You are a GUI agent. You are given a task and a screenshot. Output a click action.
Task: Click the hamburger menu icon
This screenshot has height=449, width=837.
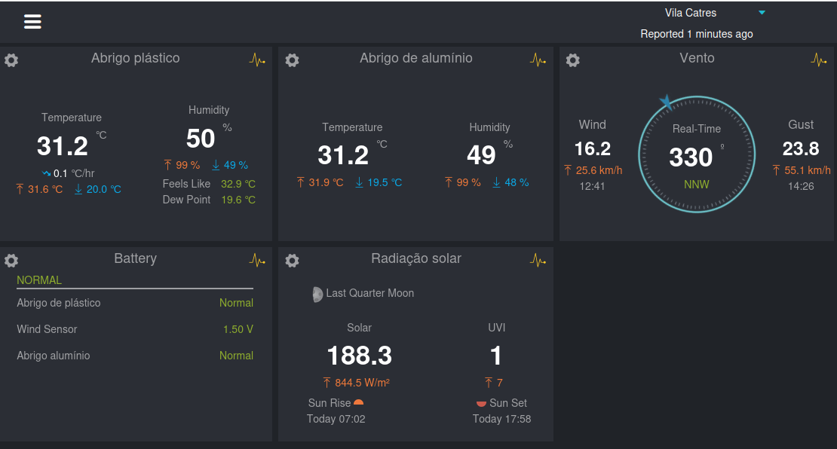click(x=32, y=21)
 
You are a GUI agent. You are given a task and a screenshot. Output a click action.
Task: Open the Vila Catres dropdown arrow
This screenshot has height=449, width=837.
click(x=762, y=12)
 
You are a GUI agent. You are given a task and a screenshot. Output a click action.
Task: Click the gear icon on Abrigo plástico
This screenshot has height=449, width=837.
click(x=11, y=60)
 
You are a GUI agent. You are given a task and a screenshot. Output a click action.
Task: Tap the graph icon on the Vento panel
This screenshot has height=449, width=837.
click(x=818, y=60)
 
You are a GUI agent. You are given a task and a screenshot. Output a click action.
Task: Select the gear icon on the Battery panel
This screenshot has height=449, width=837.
click(x=11, y=260)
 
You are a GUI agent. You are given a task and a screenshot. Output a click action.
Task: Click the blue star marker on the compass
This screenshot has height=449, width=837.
click(x=666, y=101)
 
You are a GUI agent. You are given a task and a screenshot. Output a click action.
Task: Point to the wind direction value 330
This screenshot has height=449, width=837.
click(x=691, y=157)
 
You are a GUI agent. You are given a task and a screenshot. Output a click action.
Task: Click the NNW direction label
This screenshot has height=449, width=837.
click(x=697, y=185)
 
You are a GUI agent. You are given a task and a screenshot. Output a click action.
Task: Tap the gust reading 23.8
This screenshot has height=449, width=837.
click(x=801, y=148)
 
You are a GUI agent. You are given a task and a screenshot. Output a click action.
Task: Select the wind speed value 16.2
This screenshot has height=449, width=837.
click(x=593, y=148)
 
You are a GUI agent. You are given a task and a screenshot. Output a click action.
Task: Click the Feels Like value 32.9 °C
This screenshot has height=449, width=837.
click(x=238, y=184)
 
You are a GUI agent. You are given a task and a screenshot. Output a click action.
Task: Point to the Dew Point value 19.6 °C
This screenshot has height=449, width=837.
click(x=238, y=200)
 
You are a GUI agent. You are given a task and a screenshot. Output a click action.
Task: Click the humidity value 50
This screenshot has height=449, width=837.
click(x=201, y=139)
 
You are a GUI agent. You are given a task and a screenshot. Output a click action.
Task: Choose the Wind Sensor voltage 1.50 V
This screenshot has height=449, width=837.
click(x=238, y=329)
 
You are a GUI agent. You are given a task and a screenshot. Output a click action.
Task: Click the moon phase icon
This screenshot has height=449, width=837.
click(x=317, y=295)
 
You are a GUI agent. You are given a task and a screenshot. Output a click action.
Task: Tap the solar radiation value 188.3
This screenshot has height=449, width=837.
click(x=359, y=356)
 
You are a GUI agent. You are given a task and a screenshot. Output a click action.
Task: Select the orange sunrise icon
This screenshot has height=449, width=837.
click(x=359, y=402)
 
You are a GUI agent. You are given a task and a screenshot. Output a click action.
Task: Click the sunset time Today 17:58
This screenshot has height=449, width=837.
click(x=501, y=419)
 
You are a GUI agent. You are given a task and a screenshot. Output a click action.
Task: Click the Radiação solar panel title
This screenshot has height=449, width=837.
click(x=416, y=258)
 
